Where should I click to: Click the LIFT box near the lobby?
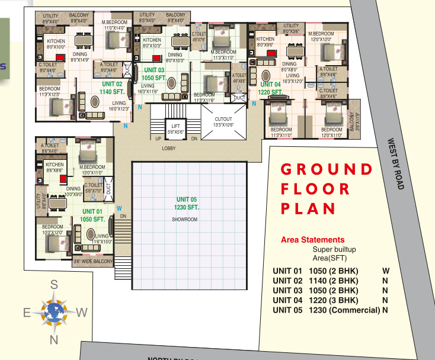[175, 128]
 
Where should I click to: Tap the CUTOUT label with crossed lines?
[223, 122]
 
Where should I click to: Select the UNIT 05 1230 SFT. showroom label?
[187, 203]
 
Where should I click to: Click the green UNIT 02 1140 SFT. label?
[111, 88]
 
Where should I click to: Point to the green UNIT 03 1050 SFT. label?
[154, 74]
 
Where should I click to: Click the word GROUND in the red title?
[327, 169]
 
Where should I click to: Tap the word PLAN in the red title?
[308, 208]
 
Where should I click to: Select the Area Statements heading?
[312, 240]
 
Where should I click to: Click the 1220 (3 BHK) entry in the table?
[334, 300]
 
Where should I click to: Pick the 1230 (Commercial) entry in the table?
[344, 310]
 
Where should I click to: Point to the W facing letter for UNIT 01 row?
[386, 271]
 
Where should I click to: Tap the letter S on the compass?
[54, 285]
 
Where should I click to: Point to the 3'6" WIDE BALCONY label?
[92, 261]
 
